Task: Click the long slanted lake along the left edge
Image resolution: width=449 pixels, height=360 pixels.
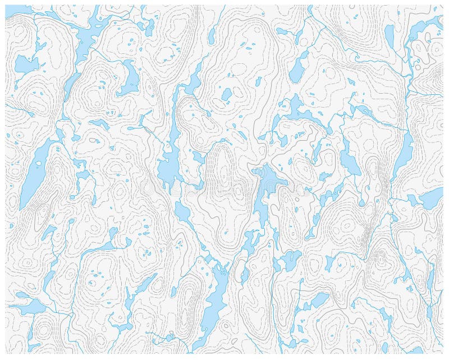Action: [x=33, y=174]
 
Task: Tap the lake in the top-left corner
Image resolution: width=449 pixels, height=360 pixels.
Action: [x=17, y=10]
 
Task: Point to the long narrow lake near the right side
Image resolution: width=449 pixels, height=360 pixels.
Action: [x=403, y=151]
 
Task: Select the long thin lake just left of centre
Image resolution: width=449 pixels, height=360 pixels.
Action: [x=168, y=163]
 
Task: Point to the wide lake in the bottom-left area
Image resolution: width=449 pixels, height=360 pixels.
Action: [x=28, y=306]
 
